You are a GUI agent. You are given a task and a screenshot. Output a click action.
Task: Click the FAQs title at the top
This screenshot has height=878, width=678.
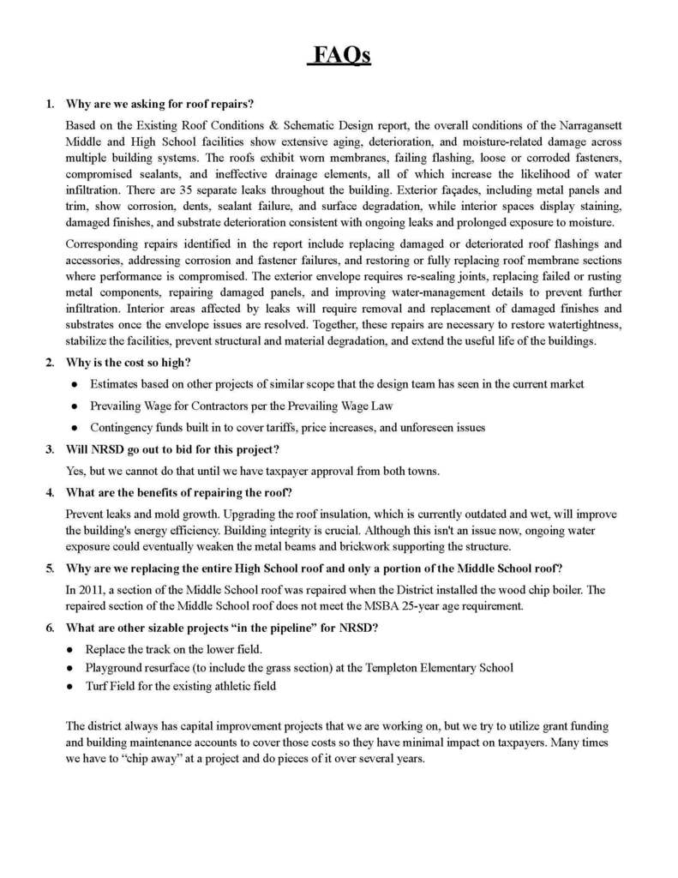pos(339,56)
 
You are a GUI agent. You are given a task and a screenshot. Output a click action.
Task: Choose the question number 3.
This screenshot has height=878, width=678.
pos(51,448)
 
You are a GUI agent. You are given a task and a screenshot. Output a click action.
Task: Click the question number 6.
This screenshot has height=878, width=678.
pos(51,627)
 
